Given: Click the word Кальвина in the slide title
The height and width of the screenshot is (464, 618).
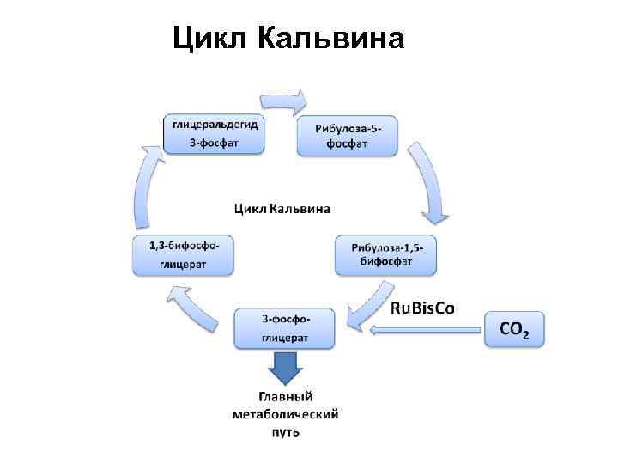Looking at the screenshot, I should [x=330, y=39].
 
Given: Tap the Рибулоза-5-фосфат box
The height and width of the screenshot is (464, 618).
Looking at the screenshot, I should [x=347, y=136].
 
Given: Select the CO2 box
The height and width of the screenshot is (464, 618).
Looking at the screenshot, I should [x=513, y=328].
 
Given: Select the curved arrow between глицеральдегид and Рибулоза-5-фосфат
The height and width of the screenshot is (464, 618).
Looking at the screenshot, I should [x=282, y=100].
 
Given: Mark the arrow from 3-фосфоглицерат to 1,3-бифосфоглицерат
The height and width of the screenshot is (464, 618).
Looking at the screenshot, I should [x=193, y=305].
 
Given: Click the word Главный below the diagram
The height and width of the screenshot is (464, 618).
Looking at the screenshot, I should [x=285, y=397].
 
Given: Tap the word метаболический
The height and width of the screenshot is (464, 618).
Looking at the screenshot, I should [x=285, y=414].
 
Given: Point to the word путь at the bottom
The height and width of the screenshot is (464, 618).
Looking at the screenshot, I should [x=285, y=431].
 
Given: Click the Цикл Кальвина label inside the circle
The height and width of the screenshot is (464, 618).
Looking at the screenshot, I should [x=282, y=209].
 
